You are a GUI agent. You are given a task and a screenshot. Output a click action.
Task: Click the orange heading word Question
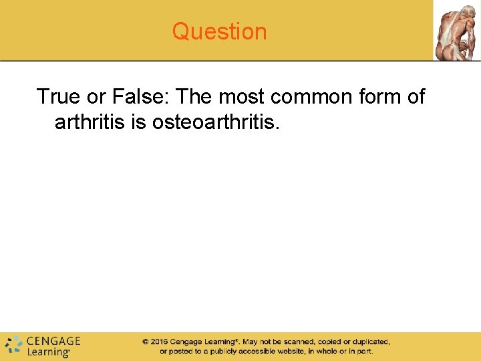219,31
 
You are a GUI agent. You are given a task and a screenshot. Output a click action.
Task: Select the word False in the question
143,97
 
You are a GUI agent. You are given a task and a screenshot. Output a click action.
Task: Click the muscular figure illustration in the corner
457,31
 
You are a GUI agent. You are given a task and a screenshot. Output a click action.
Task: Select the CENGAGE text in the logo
53,340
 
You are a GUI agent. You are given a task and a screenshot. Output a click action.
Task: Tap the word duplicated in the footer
367,342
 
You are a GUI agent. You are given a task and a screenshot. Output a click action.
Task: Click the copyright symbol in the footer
145,342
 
